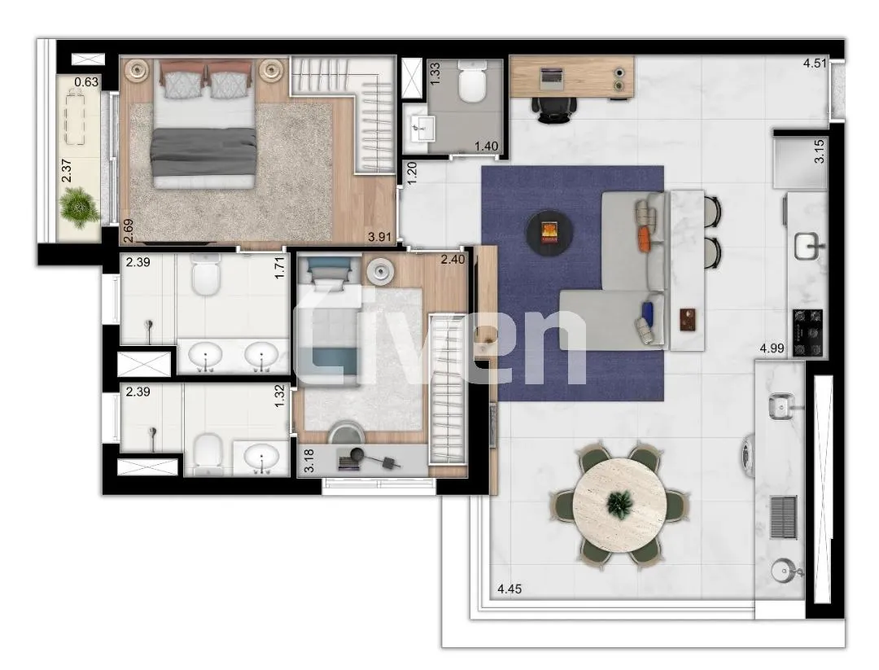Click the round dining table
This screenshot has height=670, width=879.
(x=619, y=505)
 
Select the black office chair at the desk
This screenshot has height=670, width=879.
(x=556, y=107)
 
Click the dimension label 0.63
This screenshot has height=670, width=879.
(x=86, y=81)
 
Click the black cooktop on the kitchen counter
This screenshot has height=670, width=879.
(x=807, y=332)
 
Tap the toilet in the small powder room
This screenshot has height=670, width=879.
(x=471, y=84)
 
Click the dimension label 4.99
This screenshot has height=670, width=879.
(x=772, y=349)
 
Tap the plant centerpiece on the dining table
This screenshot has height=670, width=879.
(x=619, y=504)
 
